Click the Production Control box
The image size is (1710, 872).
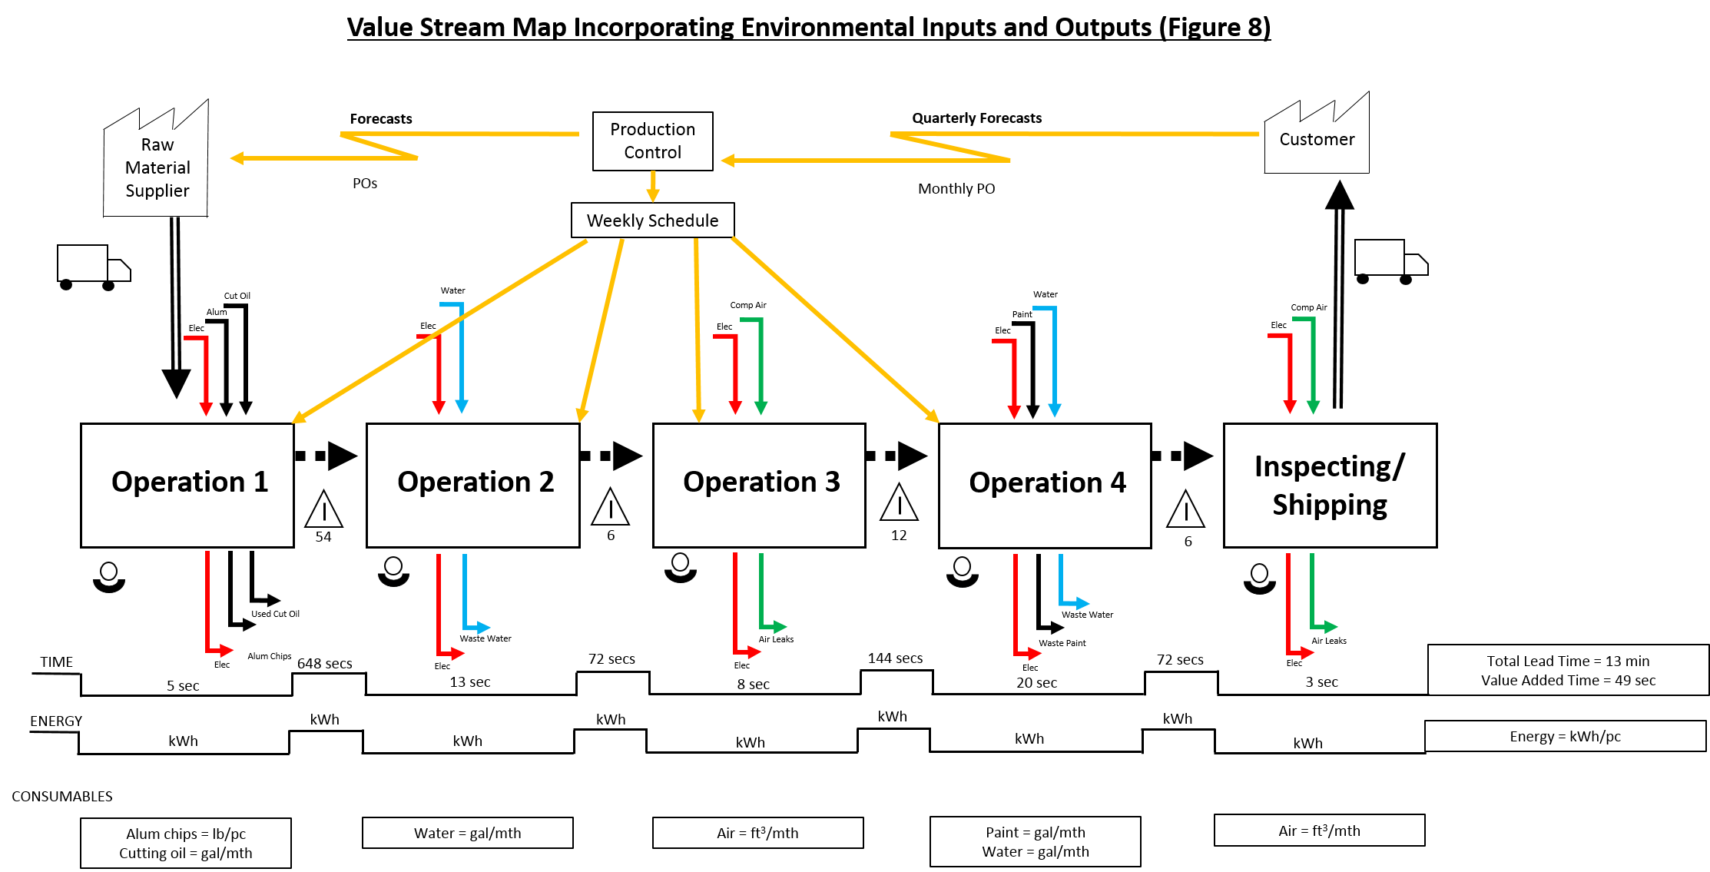pos(652,141)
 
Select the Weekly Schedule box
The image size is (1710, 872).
pos(652,220)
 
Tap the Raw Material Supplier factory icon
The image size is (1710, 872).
pos(157,165)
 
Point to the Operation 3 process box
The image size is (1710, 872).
pos(759,485)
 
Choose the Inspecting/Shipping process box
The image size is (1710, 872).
pos(1330,485)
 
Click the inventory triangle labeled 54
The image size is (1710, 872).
pos(323,509)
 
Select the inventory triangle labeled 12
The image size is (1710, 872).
pos(899,503)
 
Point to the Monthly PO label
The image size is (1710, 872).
pos(956,189)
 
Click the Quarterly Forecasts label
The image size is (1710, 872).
pos(976,118)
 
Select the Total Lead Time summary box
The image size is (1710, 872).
pos(1567,670)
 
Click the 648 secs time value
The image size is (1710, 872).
pos(324,664)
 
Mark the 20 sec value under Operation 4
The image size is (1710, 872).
pos(1036,682)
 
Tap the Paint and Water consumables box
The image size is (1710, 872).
pos(1035,841)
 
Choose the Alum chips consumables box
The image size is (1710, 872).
pos(186,843)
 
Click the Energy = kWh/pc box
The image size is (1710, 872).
pos(1565,736)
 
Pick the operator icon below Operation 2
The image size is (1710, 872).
pos(393,572)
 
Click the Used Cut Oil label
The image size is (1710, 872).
pos(275,614)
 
